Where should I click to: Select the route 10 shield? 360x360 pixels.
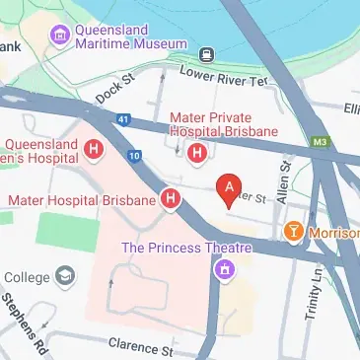pyautogui.click(x=135, y=156)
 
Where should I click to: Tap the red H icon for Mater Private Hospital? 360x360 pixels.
pyautogui.click(x=197, y=153)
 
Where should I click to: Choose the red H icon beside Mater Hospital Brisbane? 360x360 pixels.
pyautogui.click(x=172, y=200)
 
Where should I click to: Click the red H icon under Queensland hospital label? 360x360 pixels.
pyautogui.click(x=94, y=150)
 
